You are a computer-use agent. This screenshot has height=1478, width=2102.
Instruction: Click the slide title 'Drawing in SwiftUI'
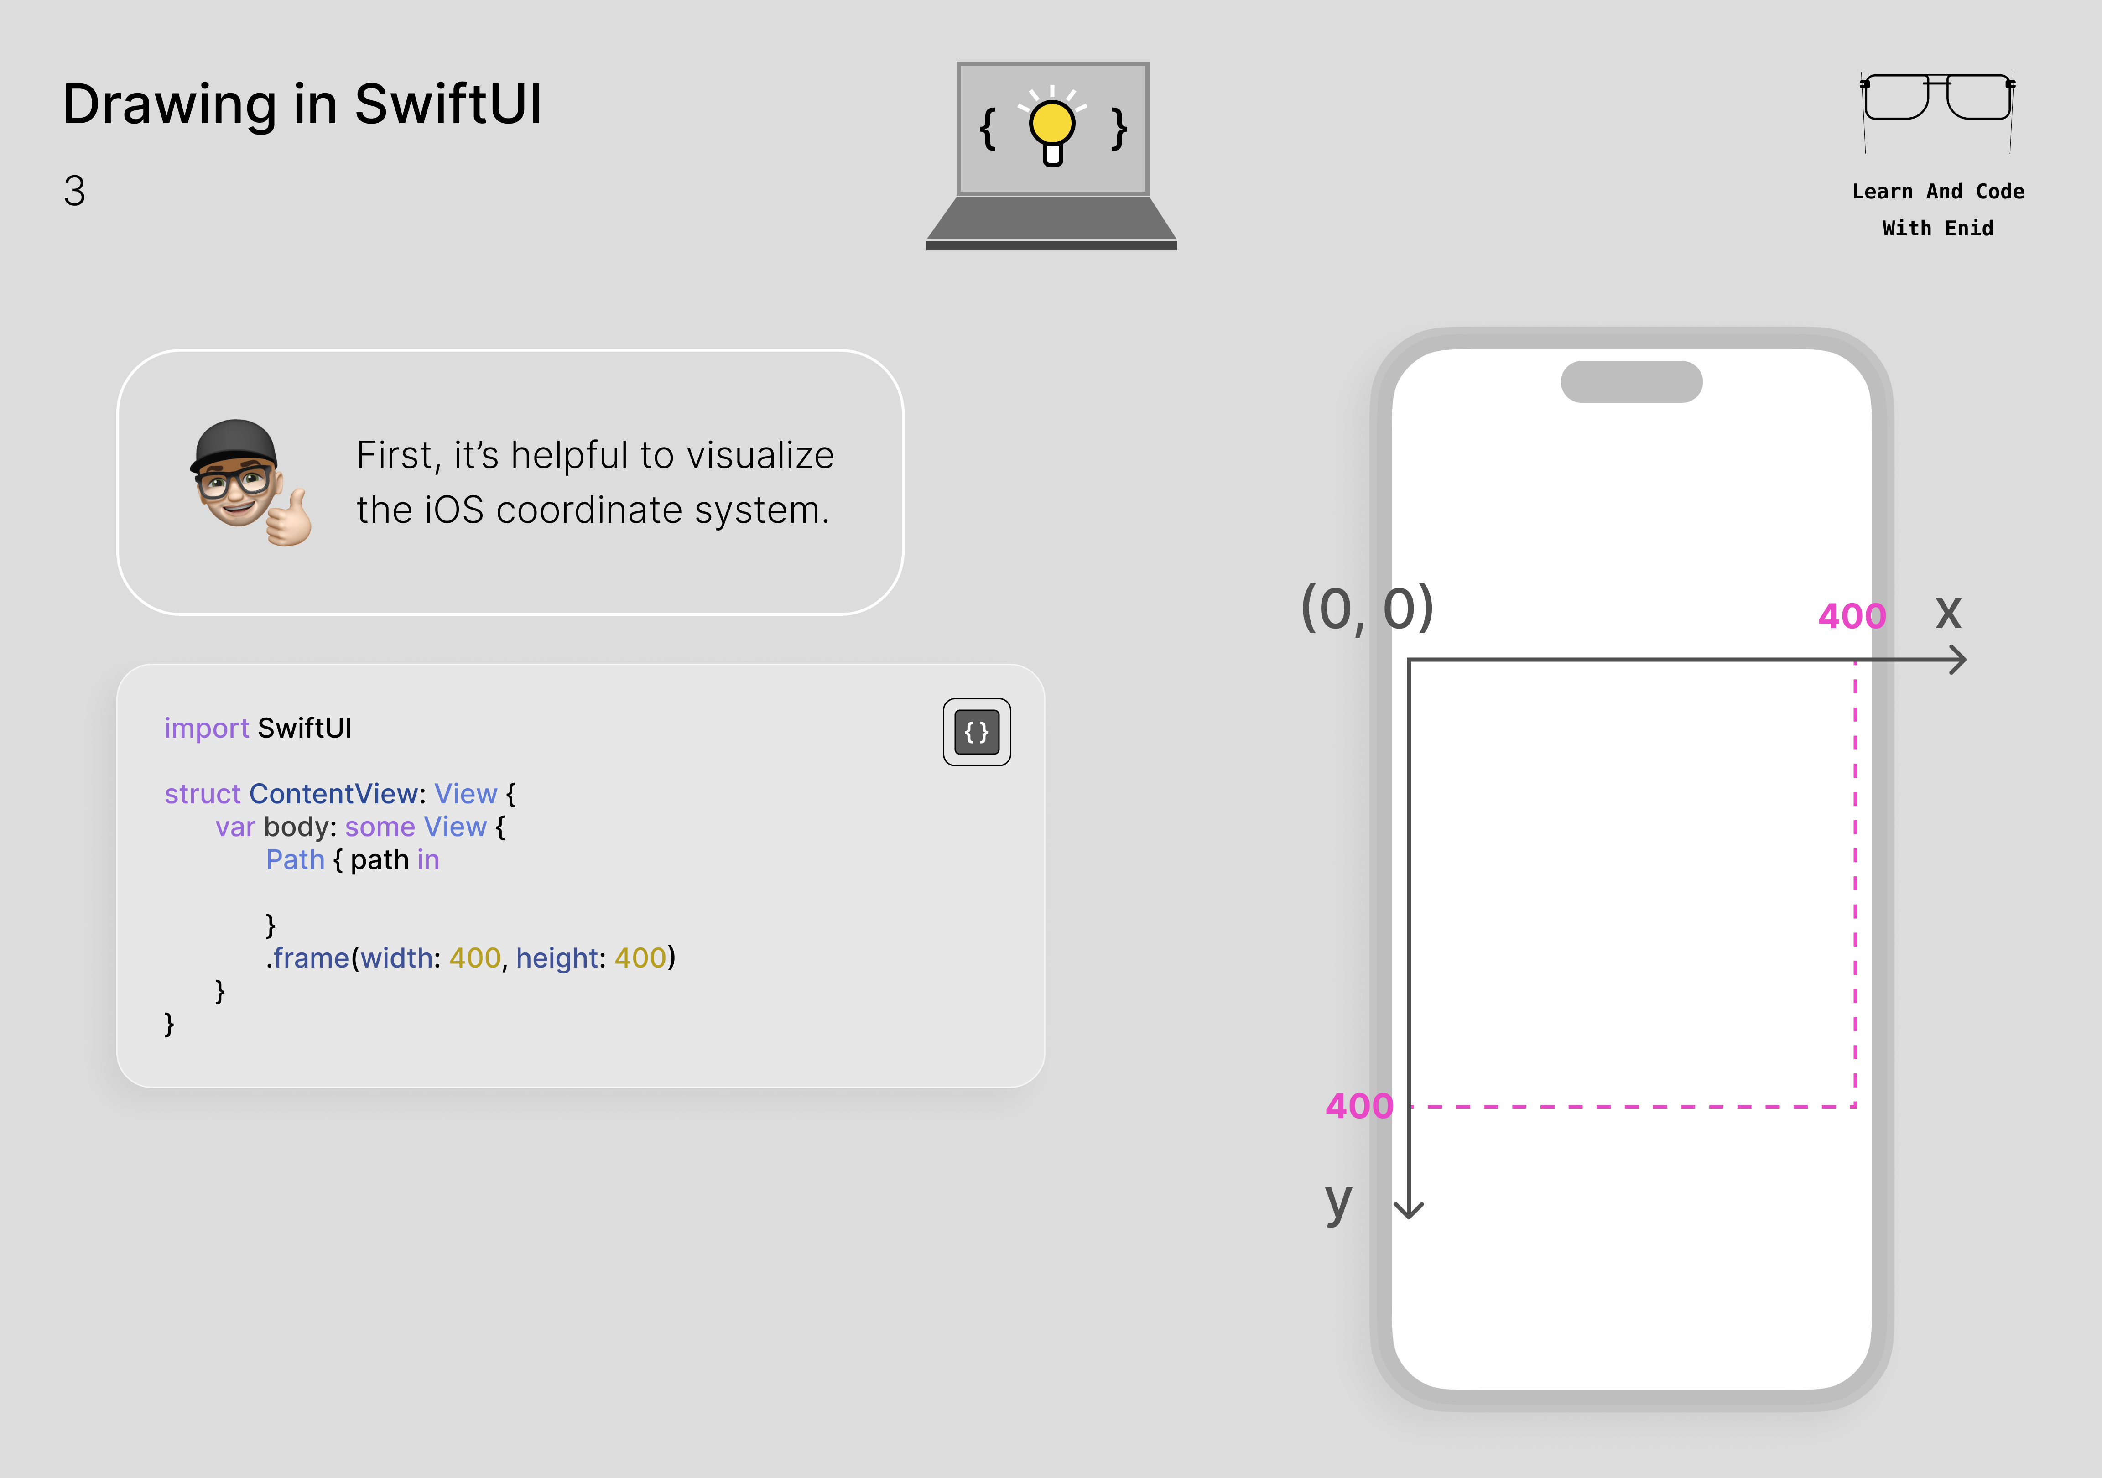(x=302, y=104)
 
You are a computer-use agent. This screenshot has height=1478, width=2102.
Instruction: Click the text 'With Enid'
(x=1937, y=228)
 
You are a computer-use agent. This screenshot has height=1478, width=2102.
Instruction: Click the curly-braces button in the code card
(x=977, y=732)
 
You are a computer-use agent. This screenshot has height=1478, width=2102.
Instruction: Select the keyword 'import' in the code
(x=206, y=728)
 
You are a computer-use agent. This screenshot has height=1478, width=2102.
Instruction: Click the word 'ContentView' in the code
(x=333, y=794)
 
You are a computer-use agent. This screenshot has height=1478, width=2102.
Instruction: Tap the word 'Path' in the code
(x=295, y=860)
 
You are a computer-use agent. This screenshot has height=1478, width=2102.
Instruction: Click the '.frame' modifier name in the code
(x=308, y=958)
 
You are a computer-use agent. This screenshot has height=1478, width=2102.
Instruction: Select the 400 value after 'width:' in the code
(x=474, y=958)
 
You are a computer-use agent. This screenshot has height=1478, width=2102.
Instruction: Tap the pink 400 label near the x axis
(x=1851, y=616)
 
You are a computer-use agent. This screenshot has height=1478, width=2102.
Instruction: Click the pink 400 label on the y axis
(x=1358, y=1106)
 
